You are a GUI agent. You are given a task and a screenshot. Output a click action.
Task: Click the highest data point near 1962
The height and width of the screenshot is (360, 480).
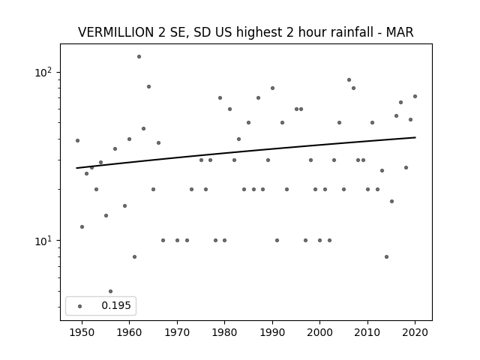tap(139, 57)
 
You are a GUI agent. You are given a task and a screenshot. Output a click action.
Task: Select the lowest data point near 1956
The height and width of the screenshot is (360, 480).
tap(110, 292)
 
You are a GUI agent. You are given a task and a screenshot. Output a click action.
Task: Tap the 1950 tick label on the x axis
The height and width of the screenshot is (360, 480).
tap(82, 332)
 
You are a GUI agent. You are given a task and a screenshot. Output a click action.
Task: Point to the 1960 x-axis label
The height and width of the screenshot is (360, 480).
tap(129, 332)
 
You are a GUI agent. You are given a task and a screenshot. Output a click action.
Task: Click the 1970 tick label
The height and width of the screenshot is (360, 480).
tap(177, 332)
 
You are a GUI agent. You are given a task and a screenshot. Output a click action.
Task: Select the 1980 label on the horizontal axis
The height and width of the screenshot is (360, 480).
tap(224, 332)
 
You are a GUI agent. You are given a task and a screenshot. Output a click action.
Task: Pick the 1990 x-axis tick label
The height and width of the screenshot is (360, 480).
tap(272, 332)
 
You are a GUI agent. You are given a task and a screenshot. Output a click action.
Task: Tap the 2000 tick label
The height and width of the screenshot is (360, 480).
tap(320, 332)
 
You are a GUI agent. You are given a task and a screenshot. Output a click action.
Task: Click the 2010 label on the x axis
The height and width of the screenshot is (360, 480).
tap(367, 332)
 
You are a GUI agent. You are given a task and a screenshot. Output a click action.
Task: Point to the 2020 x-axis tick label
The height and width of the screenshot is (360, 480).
tap(415, 332)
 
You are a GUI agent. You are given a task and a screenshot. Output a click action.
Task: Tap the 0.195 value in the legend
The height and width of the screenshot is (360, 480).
tap(116, 305)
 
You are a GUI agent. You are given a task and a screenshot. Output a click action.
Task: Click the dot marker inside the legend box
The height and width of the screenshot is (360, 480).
tap(80, 306)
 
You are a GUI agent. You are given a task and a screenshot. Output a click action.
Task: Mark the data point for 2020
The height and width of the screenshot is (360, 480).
tap(415, 97)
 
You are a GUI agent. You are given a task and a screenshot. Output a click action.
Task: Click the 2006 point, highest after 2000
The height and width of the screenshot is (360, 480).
tap(349, 80)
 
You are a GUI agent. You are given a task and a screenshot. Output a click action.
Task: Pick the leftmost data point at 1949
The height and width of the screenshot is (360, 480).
tap(77, 140)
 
